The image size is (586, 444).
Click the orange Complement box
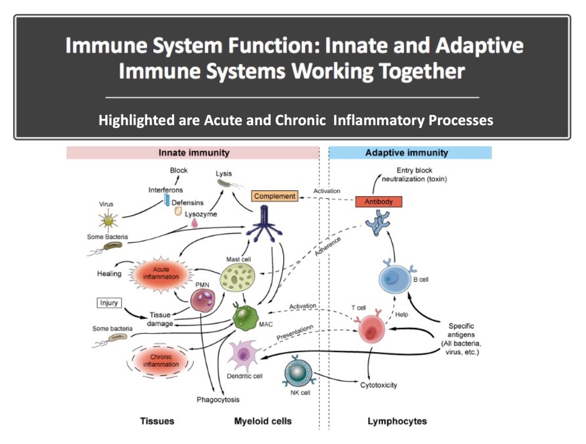click(275, 197)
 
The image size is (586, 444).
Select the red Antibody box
click(379, 202)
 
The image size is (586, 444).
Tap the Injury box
click(109, 303)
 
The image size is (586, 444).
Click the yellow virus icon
click(106, 218)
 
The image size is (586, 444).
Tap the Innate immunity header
click(193, 153)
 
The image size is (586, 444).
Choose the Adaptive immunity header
click(406, 153)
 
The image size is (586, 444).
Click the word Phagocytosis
click(217, 399)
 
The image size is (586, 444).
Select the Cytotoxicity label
click(378, 385)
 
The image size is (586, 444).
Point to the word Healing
click(109, 274)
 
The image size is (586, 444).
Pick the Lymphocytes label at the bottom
click(397, 421)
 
